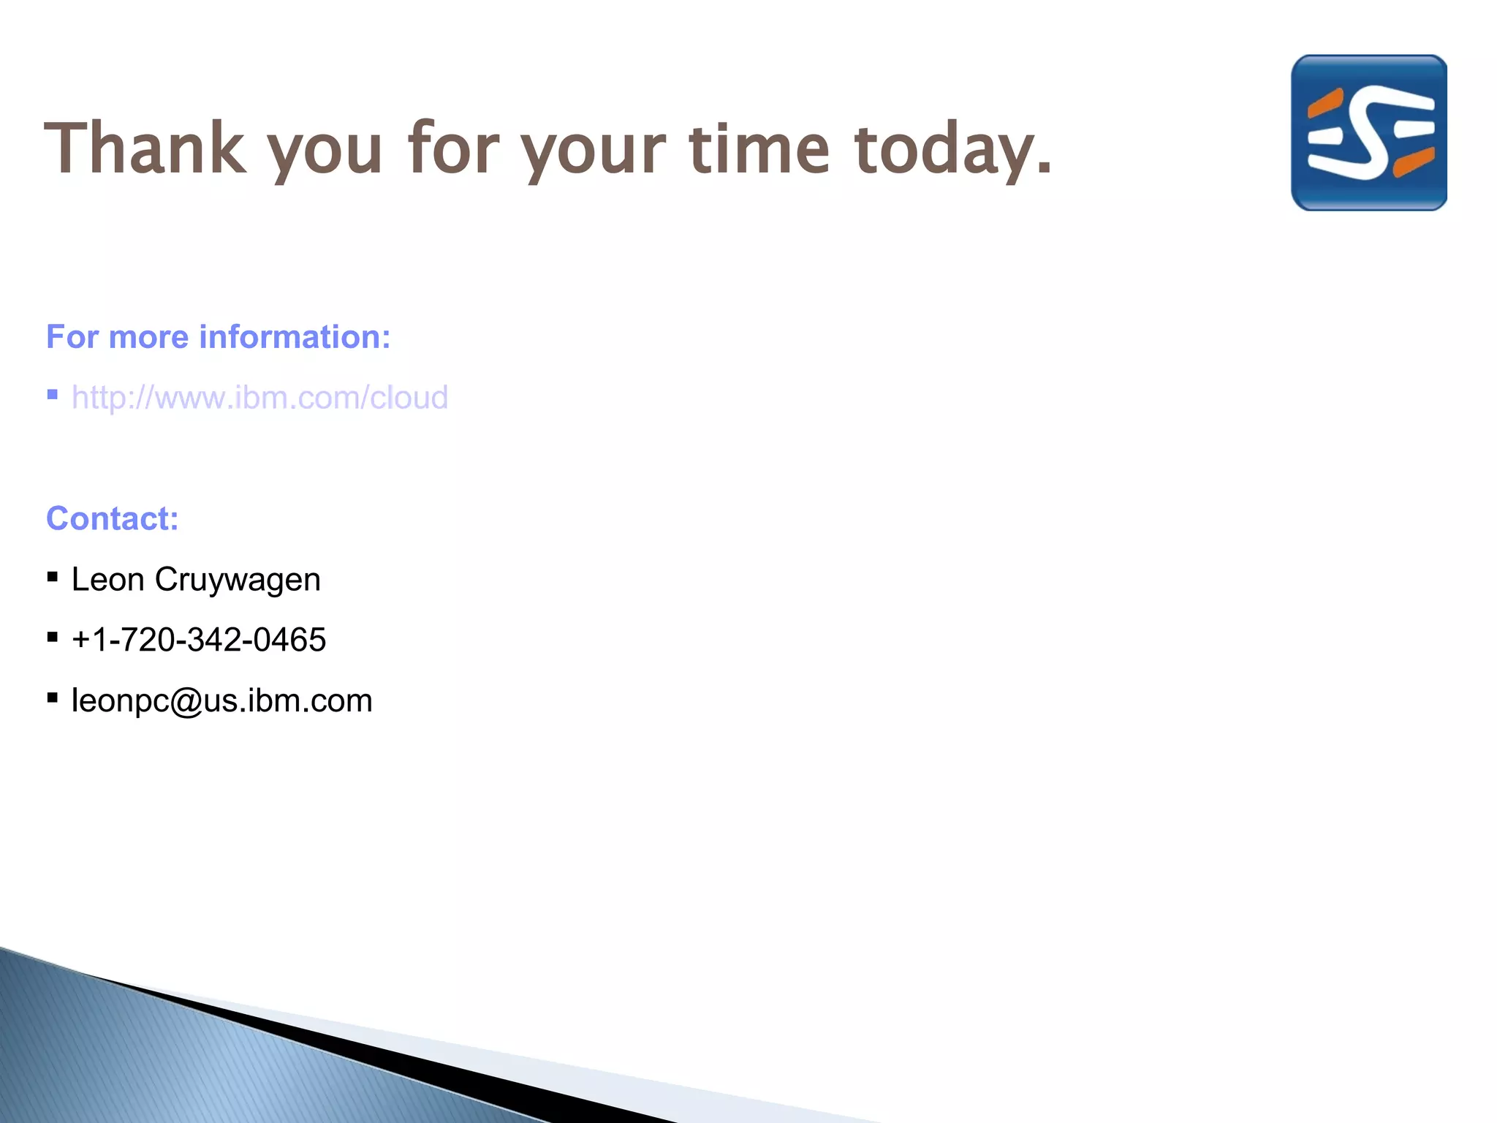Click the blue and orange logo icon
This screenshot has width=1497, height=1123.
pos(1368,133)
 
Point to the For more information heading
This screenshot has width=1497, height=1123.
pos(218,337)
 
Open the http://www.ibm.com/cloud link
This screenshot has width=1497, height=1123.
pos(259,398)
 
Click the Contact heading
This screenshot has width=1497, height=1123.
pos(113,519)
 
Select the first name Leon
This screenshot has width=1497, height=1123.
pos(107,580)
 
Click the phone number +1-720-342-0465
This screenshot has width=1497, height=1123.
pos(199,640)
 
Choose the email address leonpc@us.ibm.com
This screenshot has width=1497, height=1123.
pos(222,700)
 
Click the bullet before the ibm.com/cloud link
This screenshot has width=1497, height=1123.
pos(53,396)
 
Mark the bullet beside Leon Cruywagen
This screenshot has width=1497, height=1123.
pos(53,577)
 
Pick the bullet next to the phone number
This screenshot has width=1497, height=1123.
pos(53,638)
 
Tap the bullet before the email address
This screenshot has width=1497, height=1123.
pos(53,698)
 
